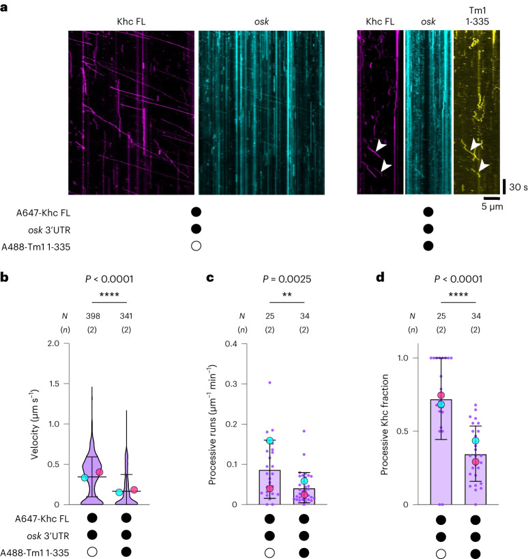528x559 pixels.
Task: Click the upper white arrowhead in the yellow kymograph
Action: (x=476, y=145)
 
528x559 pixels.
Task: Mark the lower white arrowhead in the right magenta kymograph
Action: (x=386, y=166)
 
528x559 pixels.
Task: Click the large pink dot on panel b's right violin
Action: (x=134, y=489)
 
